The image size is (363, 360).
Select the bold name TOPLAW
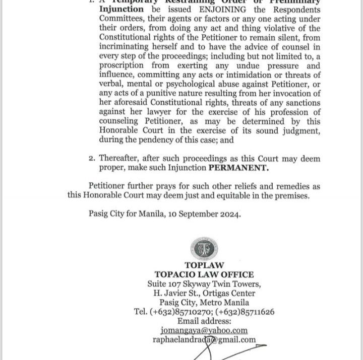point(204,265)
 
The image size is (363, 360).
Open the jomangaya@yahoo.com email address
point(204,330)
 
